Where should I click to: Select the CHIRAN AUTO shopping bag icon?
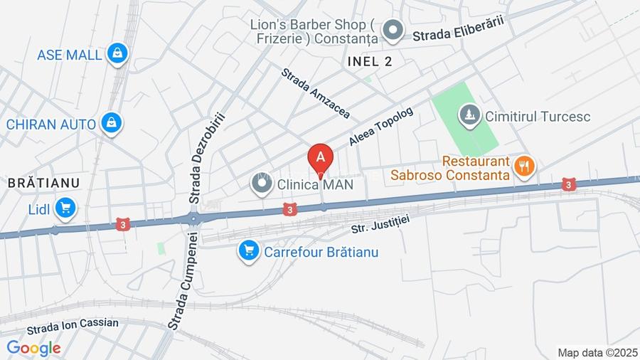point(110,123)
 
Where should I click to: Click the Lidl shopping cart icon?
point(66,208)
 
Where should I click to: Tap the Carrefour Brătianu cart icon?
point(248,251)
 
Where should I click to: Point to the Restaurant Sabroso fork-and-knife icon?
point(525,166)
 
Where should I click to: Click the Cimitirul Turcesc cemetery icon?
point(469,115)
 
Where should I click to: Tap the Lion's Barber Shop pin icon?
point(392,31)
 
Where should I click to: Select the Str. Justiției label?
point(381,224)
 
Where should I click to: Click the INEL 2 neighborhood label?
point(370,61)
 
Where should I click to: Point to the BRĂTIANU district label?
point(43,183)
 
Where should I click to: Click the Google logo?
point(33,348)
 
